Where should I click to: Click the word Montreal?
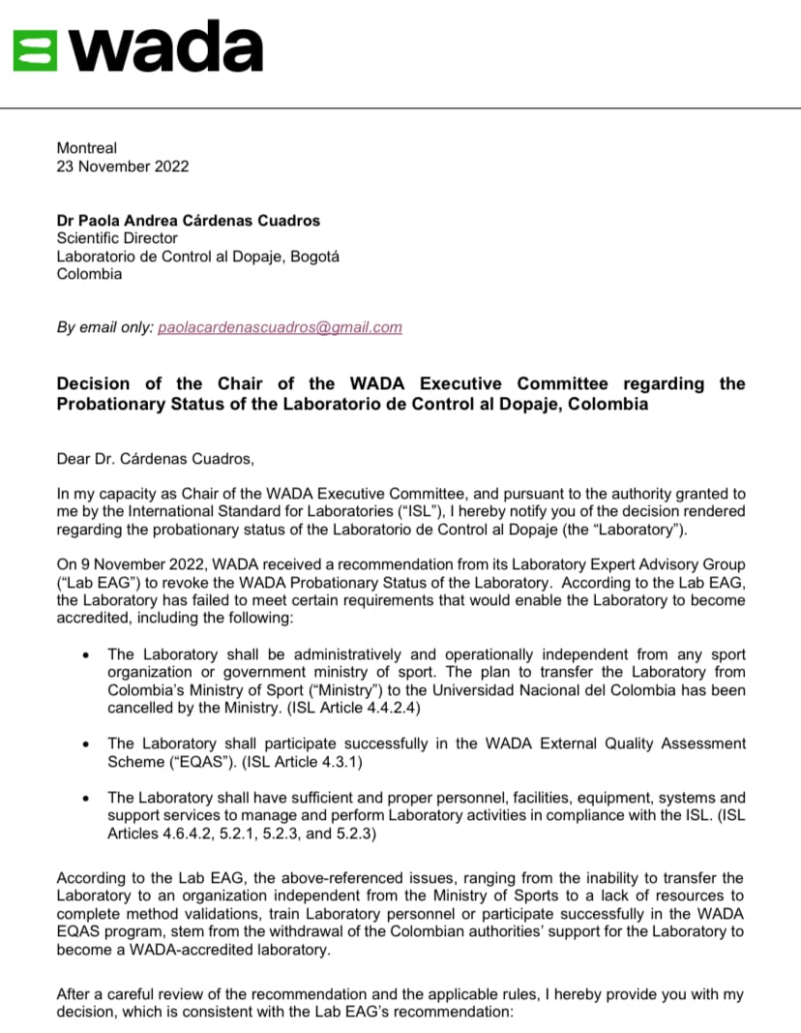[87, 148]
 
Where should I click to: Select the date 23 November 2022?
[123, 166]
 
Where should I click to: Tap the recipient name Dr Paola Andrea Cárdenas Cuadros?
[189, 220]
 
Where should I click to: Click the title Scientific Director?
[117, 237]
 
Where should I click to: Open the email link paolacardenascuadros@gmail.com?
[280, 327]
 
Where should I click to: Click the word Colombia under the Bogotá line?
[90, 273]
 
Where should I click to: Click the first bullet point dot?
[87, 655]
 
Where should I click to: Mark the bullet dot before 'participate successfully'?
[87, 744]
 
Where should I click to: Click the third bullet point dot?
[87, 798]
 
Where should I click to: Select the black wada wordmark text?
[165, 46]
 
